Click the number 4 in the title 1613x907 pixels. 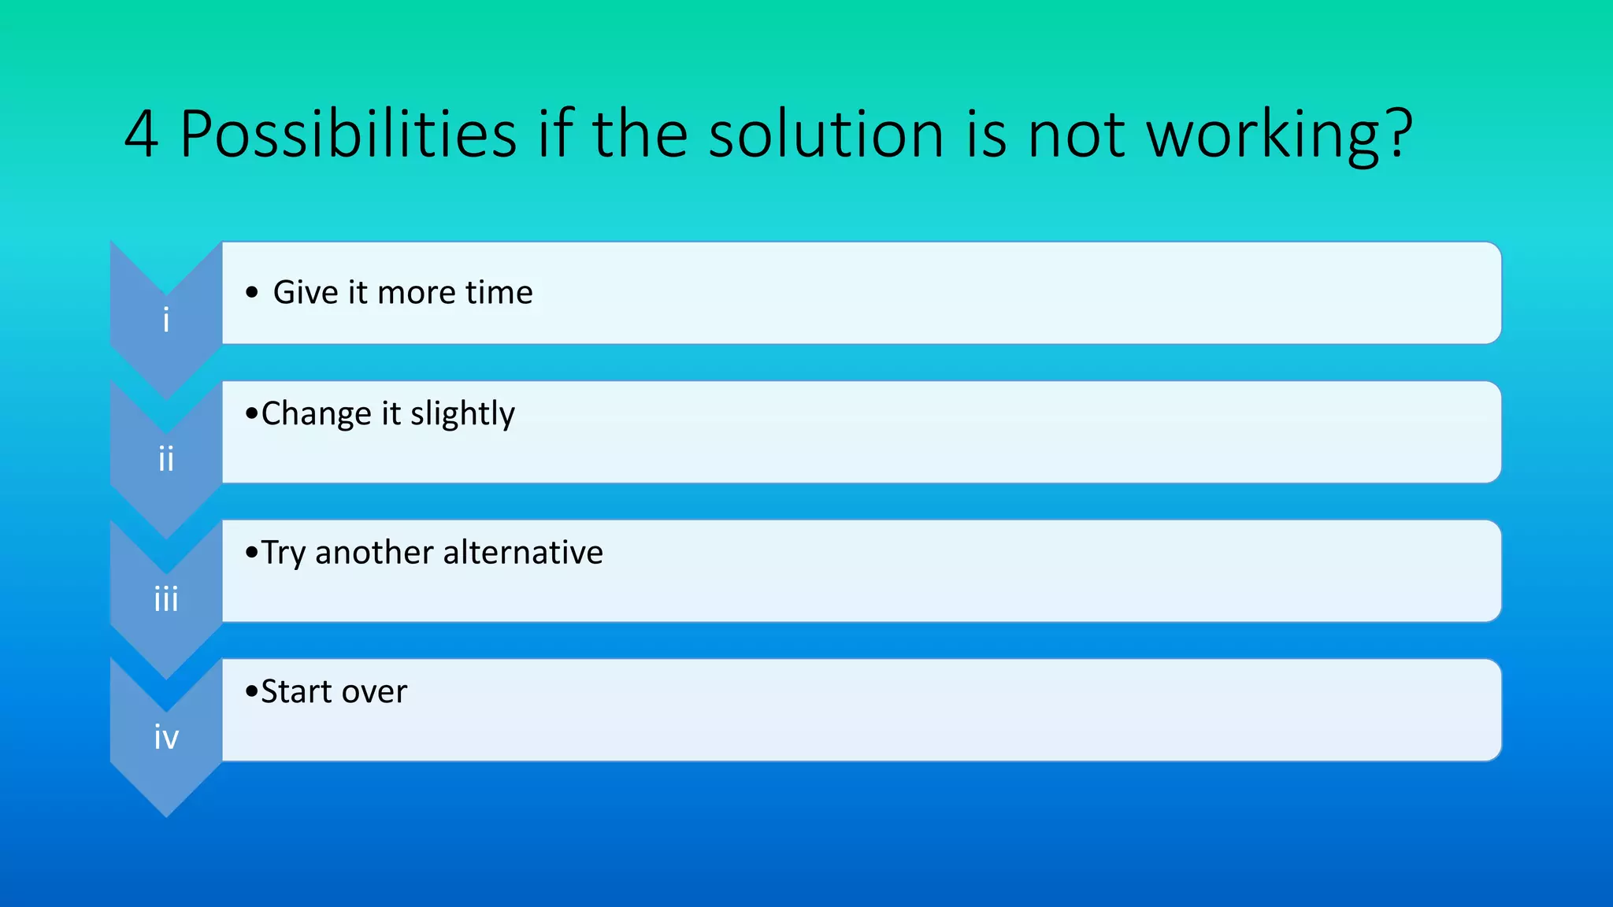[x=142, y=135]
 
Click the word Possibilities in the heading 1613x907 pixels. [x=347, y=135]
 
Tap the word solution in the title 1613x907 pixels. [x=825, y=135]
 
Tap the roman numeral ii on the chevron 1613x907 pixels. [x=166, y=459]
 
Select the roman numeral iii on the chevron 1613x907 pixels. [x=166, y=599]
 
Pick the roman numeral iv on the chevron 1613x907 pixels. [x=166, y=738]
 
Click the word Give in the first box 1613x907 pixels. [x=306, y=292]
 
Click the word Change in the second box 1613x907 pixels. [x=316, y=414]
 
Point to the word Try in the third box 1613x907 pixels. [x=283, y=553]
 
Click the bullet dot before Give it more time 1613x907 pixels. [x=251, y=293]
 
